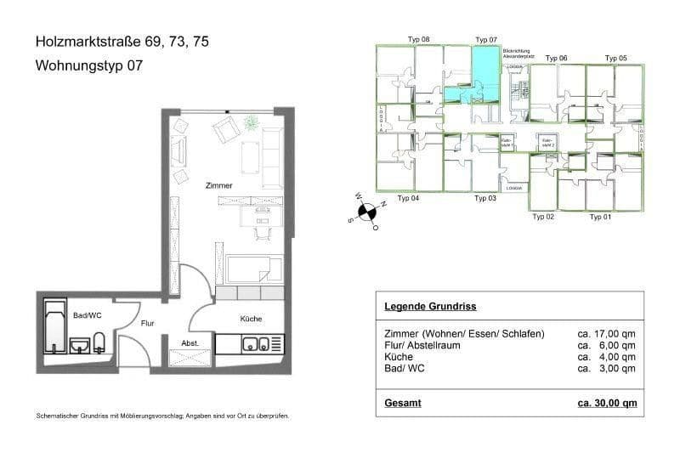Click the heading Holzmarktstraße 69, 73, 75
click(121, 41)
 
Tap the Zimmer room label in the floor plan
click(218, 184)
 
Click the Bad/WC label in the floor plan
click(88, 315)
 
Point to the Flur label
click(146, 323)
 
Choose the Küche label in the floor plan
click(251, 319)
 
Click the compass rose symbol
click(366, 212)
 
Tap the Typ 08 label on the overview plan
click(419, 40)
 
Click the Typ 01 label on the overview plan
click(600, 218)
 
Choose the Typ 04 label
click(409, 198)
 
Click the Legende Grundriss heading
click(429, 306)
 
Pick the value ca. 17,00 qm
click(606, 333)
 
